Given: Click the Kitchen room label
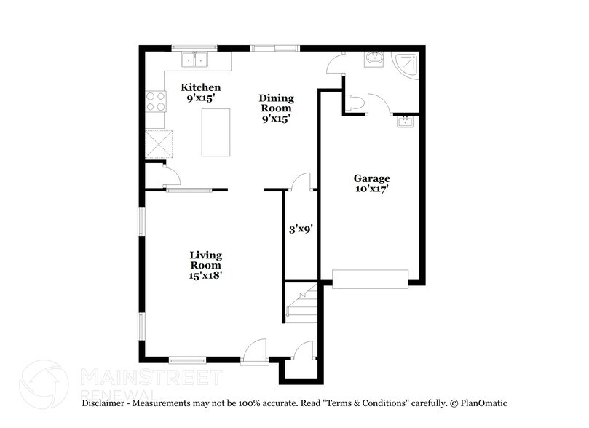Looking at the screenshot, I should pyautogui.click(x=200, y=87).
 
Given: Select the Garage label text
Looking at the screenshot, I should pyautogui.click(x=372, y=178).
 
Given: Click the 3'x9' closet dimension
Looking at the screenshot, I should pyautogui.click(x=300, y=229).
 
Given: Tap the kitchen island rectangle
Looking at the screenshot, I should pyautogui.click(x=216, y=132).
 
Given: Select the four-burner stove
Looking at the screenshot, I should pyautogui.click(x=155, y=101).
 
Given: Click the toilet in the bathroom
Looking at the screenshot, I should pyautogui.click(x=354, y=102).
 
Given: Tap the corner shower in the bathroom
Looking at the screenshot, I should pyautogui.click(x=405, y=66).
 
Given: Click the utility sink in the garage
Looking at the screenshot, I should pyautogui.click(x=405, y=122).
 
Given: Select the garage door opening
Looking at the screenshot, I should pyautogui.click(x=371, y=277).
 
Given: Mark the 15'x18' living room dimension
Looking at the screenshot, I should pyautogui.click(x=205, y=275).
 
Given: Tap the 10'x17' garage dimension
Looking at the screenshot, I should pyautogui.click(x=372, y=190).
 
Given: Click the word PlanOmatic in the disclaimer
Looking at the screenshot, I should pyautogui.click(x=481, y=403).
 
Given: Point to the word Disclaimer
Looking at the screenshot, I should pyautogui.click(x=106, y=403).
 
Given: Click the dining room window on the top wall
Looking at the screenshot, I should pyautogui.click(x=274, y=49).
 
